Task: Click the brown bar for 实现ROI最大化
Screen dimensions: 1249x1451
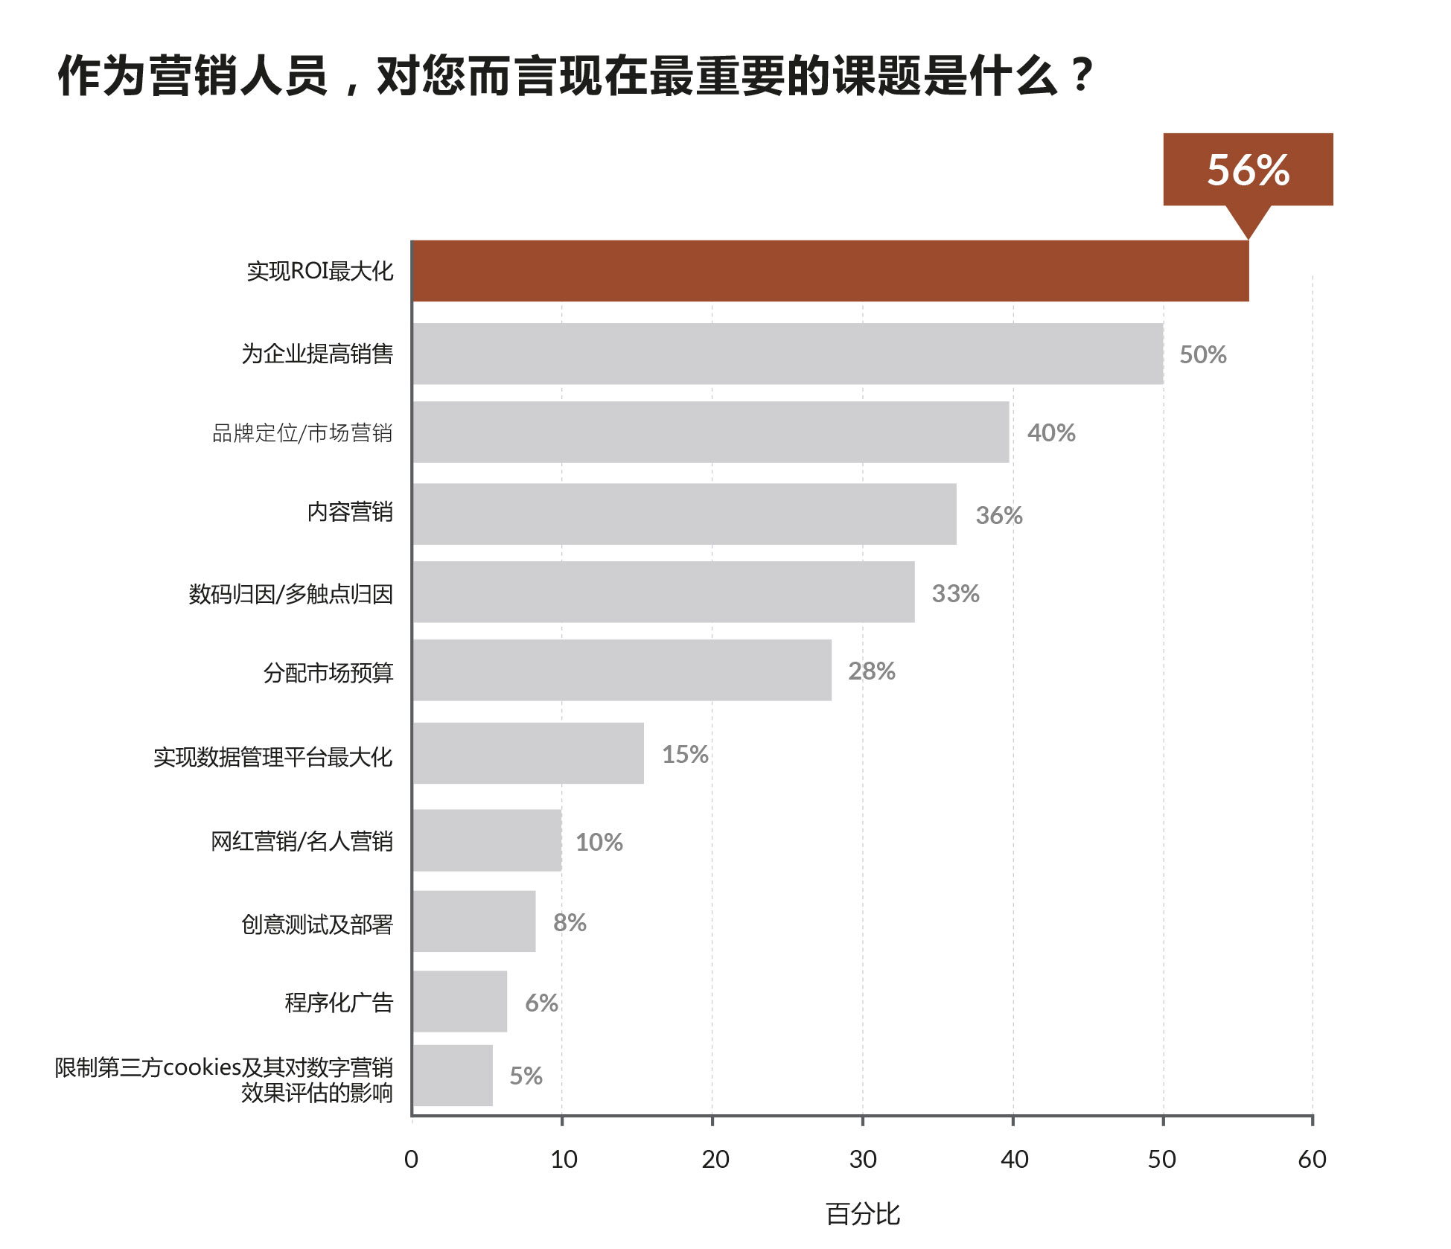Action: (830, 271)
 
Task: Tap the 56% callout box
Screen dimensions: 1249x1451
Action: (1248, 170)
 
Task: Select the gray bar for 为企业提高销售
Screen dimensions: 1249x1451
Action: (788, 354)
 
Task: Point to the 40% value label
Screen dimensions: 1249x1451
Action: (1051, 432)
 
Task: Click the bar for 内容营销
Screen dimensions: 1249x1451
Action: (684, 514)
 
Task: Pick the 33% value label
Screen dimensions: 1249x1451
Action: (955, 593)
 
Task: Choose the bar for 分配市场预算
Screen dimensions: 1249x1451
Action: (622, 670)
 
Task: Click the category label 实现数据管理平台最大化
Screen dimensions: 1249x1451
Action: (272, 757)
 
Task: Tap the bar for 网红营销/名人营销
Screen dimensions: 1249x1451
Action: (487, 840)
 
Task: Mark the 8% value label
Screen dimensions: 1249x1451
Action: (570, 923)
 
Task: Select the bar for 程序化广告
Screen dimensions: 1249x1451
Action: (460, 1001)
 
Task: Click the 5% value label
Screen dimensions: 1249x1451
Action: (526, 1076)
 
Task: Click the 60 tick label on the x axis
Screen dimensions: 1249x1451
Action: (1312, 1159)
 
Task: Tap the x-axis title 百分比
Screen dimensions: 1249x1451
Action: (863, 1214)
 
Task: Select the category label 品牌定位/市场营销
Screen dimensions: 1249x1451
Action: (302, 433)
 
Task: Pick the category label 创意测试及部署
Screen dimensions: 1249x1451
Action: (317, 924)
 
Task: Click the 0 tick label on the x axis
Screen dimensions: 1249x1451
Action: (411, 1159)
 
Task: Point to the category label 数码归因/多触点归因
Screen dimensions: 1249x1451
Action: (290, 594)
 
